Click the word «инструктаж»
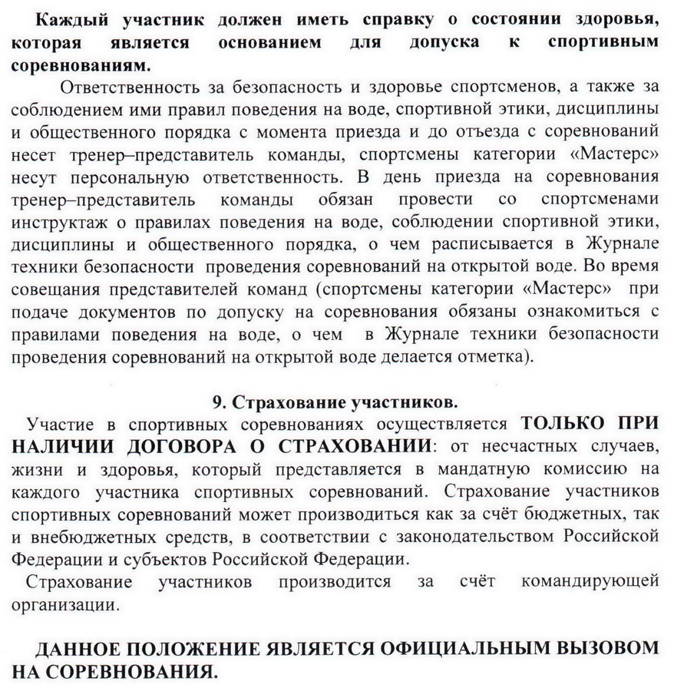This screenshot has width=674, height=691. pos(61,222)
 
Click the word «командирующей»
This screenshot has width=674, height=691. pos(590,582)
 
